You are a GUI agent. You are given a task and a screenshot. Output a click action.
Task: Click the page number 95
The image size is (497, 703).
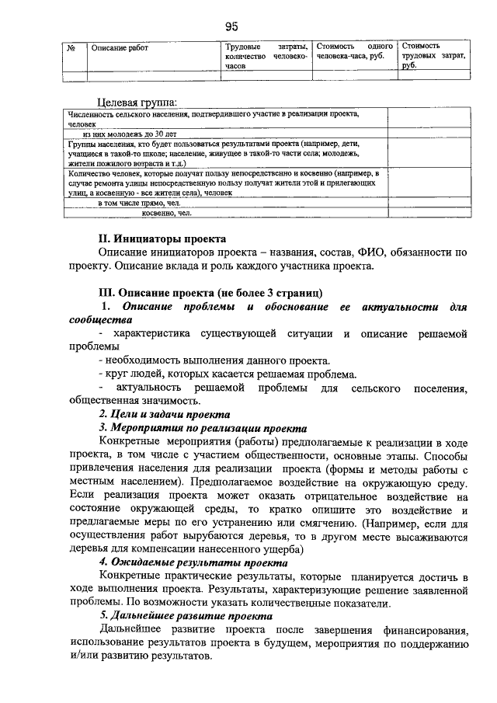point(231,26)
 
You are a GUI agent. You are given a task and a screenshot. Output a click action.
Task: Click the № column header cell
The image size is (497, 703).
point(71,47)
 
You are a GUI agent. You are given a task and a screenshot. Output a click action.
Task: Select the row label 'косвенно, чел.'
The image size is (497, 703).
point(166,213)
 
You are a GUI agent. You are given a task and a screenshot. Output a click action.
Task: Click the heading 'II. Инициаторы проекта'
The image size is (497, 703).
point(162,238)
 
